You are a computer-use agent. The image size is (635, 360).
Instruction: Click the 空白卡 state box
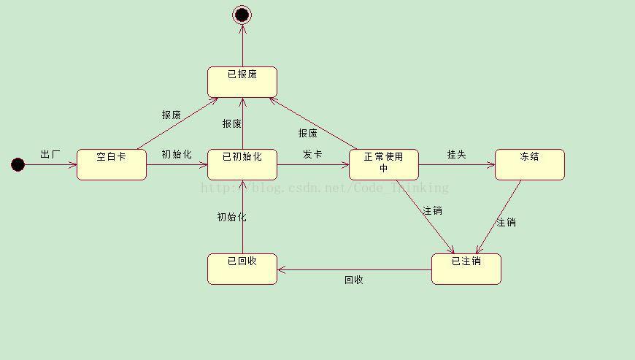point(112,164)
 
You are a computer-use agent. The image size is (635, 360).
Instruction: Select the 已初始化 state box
point(242,164)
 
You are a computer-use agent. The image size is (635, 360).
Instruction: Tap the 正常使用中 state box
point(384,164)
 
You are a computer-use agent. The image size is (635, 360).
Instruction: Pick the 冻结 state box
point(530,164)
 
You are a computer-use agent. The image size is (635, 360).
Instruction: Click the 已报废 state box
point(242,82)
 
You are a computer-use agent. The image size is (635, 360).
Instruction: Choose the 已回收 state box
point(242,269)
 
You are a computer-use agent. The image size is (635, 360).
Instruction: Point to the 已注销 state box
point(466,269)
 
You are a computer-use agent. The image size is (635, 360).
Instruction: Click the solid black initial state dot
point(18,164)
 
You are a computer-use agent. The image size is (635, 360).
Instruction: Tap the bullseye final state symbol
point(242,15)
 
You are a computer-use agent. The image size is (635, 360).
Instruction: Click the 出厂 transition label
point(50,154)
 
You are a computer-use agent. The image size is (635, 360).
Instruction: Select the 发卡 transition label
point(312,154)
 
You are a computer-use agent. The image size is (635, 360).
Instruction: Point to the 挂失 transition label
point(457,154)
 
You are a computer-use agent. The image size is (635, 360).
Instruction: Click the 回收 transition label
point(354,280)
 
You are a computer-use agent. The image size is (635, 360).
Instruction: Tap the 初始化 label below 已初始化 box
point(231,217)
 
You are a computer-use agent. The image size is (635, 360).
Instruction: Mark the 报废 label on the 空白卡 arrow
point(172,115)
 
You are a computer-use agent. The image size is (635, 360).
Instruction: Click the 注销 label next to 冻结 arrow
point(506,222)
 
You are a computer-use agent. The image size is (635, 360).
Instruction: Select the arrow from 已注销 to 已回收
point(354,269)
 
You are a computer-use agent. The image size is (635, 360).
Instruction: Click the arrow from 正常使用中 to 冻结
point(457,165)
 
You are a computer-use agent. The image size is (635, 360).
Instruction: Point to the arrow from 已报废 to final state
point(242,45)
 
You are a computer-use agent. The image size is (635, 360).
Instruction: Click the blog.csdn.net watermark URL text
point(325,188)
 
